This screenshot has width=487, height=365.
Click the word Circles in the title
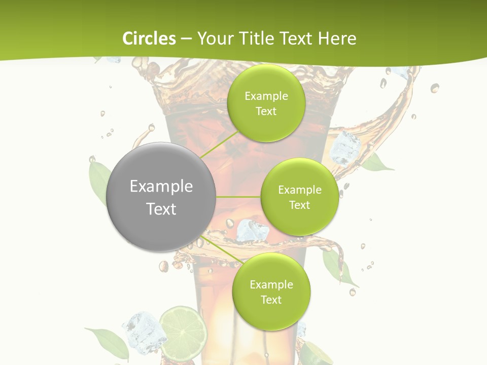(x=149, y=39)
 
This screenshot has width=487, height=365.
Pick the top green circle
(x=266, y=103)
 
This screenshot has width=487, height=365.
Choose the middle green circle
(x=299, y=197)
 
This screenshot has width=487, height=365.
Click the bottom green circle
(x=271, y=291)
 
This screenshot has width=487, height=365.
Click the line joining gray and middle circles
(x=238, y=197)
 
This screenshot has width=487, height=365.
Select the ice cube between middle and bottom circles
(x=252, y=230)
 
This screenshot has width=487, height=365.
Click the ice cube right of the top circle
(x=345, y=149)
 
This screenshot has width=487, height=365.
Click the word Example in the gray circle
(x=161, y=187)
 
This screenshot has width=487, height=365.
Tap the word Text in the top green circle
(x=266, y=112)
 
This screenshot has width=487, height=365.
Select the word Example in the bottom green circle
(x=271, y=284)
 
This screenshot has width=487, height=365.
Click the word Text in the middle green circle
(x=299, y=205)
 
